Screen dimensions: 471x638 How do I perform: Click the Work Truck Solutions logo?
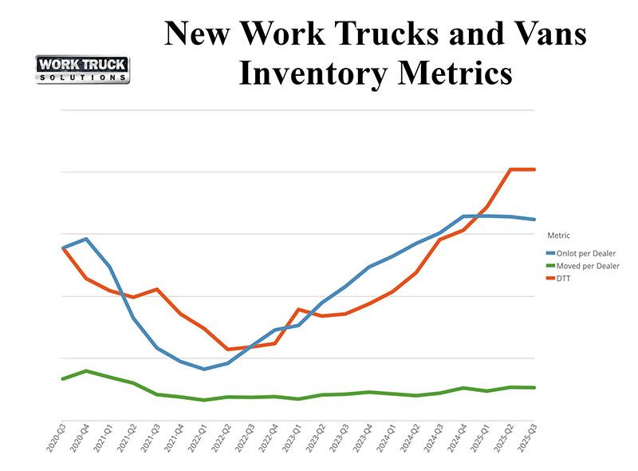pos(83,69)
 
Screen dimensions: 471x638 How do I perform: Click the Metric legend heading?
pos(558,235)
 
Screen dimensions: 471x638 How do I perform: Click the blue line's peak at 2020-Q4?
pos(86,239)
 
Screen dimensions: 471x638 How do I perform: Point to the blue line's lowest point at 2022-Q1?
pos(205,369)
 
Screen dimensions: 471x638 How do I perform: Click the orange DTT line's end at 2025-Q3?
pos(534,169)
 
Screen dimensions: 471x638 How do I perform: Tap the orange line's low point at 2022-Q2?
pos(228,349)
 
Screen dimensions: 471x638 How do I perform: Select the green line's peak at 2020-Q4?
pos(86,370)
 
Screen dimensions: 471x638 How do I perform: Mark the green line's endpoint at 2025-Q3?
pos(534,387)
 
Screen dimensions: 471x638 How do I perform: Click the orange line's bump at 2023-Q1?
pos(299,309)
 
